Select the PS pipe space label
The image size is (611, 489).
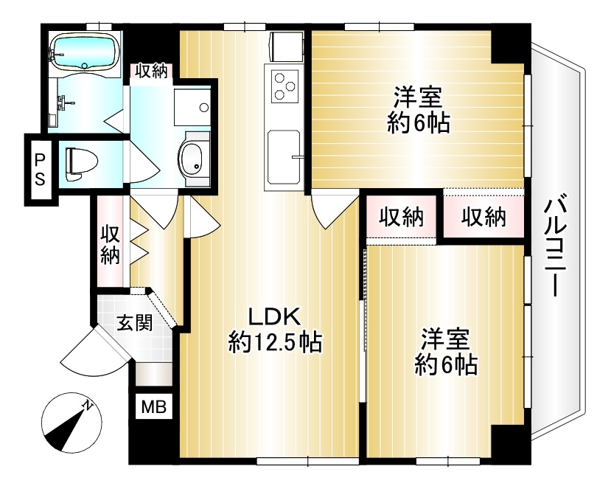click(38, 169)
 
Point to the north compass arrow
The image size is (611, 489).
click(70, 426)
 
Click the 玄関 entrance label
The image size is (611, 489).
click(136, 323)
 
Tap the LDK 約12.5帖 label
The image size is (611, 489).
click(274, 330)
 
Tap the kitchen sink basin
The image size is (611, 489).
click(283, 157)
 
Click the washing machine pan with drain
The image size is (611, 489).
click(192, 108)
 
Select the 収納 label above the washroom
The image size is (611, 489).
click(151, 72)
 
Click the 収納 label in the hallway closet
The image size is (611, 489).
click(111, 244)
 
